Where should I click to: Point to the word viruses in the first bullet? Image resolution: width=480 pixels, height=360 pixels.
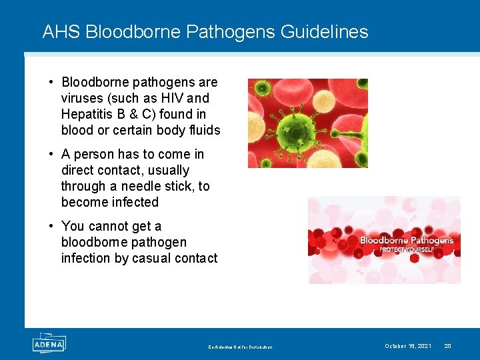coord(81,98)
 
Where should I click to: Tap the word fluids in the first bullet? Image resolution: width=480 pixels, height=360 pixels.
coord(203,130)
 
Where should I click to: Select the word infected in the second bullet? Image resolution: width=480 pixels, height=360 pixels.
coord(134,202)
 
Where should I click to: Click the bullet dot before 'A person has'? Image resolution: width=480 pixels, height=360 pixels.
coord(51,154)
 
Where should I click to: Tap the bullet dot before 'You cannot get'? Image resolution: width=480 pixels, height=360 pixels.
coord(51,226)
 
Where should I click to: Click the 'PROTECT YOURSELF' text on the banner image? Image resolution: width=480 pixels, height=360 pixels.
coord(407,250)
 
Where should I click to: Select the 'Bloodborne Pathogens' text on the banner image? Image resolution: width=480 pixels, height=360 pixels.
coord(406,240)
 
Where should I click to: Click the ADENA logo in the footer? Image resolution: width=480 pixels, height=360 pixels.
coord(49,344)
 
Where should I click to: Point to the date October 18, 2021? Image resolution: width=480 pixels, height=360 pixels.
coord(407,346)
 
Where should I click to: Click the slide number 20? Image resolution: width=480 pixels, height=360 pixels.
coord(447,346)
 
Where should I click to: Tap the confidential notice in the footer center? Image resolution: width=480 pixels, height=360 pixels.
coord(240,347)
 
